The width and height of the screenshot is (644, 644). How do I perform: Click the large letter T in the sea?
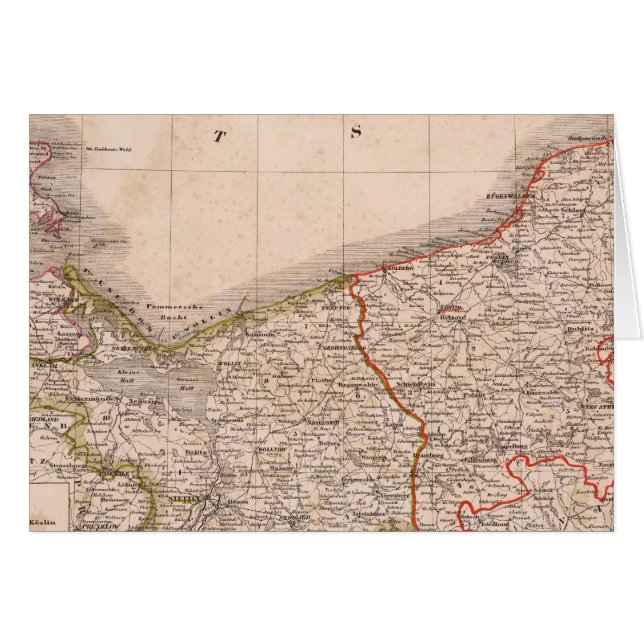(218, 135)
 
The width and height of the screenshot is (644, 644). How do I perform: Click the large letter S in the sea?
(354, 131)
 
